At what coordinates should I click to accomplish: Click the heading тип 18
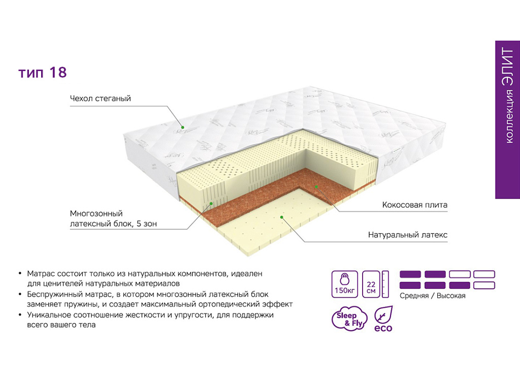click(x=43, y=73)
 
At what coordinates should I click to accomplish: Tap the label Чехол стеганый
click(x=101, y=99)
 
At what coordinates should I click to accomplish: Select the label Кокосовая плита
click(x=414, y=205)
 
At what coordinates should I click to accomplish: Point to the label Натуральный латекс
click(x=408, y=235)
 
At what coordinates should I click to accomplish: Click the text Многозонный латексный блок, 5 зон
click(x=113, y=218)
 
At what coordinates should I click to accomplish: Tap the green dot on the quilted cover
click(x=182, y=127)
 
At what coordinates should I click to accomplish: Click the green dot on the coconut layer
click(x=316, y=187)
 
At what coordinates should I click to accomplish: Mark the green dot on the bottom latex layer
click(x=281, y=217)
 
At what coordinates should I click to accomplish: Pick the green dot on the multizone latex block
click(x=211, y=203)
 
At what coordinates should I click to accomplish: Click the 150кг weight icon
click(x=345, y=284)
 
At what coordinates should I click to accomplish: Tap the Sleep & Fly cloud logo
click(x=349, y=318)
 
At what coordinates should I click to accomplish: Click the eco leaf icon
click(x=383, y=319)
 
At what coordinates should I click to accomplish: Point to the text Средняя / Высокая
click(x=433, y=296)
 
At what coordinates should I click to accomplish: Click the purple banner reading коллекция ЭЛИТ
click(x=507, y=120)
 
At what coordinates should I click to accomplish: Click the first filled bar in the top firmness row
click(x=410, y=274)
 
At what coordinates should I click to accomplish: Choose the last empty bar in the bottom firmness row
click(x=484, y=285)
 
